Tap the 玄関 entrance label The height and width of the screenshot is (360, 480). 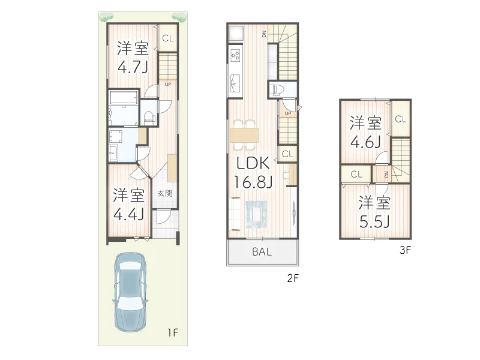(165, 194)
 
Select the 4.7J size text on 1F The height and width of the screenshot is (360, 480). (133, 67)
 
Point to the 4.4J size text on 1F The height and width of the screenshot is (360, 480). (129, 214)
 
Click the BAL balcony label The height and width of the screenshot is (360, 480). (261, 252)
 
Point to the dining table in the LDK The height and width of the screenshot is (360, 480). (244, 134)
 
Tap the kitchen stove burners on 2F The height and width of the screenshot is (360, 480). (235, 56)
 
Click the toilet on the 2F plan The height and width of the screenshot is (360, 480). (277, 89)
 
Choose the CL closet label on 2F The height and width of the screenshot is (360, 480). (287, 154)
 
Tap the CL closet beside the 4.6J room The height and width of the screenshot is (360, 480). (400, 119)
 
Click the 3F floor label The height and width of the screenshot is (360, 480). (405, 251)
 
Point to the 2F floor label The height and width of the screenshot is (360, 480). (292, 278)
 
